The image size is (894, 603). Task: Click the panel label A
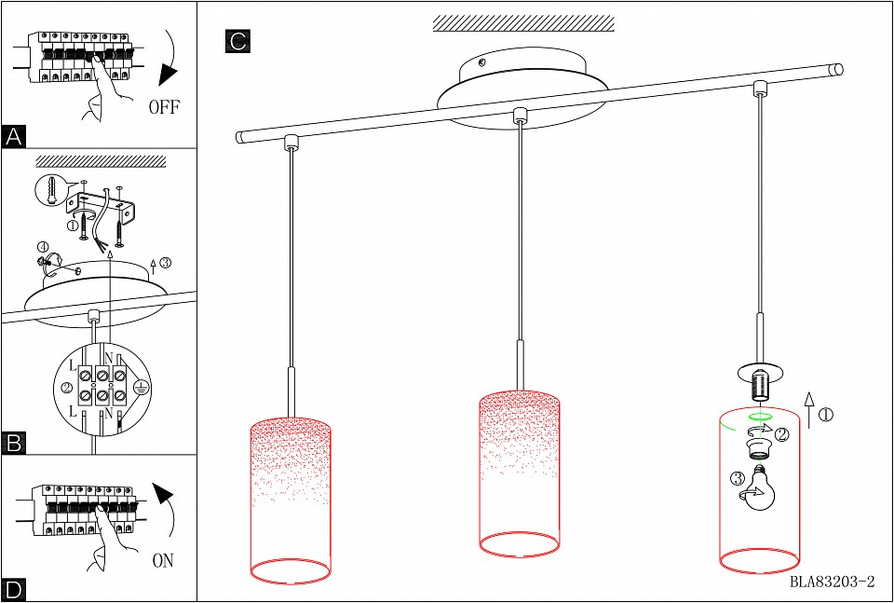point(14,136)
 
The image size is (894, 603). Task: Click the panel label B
point(14,444)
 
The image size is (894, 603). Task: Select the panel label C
point(237,41)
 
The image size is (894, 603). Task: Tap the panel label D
point(14,589)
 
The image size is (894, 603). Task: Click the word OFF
point(164,106)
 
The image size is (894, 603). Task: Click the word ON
point(163,560)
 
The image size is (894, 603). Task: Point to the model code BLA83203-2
point(832,582)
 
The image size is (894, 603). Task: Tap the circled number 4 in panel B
point(43,248)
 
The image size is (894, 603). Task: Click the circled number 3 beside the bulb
point(738,477)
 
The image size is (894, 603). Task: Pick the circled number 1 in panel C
point(826,415)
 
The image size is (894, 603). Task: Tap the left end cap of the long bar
point(240,137)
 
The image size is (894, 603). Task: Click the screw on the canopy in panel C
point(482,63)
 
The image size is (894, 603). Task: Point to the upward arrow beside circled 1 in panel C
point(808,410)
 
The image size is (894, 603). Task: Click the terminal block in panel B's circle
point(102,385)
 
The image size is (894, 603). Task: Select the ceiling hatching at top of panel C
point(523,23)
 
